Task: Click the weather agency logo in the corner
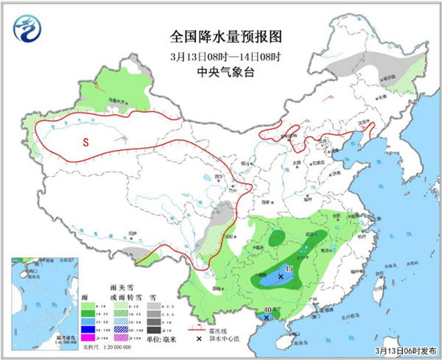click(x=27, y=29)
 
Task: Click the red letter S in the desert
click(x=86, y=142)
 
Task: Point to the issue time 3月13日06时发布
click(x=403, y=349)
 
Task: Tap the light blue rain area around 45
click(x=274, y=278)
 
